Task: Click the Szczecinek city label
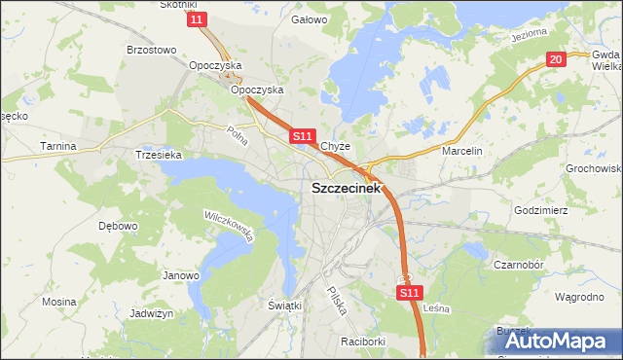click(347, 190)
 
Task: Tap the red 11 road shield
click(199, 19)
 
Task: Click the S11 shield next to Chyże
click(302, 137)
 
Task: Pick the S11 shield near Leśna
click(410, 292)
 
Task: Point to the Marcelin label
click(461, 152)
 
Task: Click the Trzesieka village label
click(158, 155)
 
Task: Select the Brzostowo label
click(151, 50)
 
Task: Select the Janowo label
click(180, 275)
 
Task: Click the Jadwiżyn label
click(151, 314)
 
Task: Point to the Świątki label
click(285, 306)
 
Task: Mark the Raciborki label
click(364, 342)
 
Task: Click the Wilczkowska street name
click(229, 225)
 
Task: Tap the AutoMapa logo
click(559, 340)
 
